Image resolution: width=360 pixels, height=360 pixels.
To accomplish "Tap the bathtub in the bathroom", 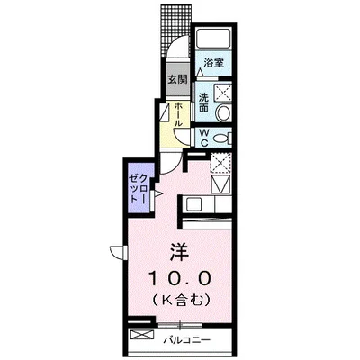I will (214, 40).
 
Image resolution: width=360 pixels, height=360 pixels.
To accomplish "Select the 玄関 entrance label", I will (176, 79).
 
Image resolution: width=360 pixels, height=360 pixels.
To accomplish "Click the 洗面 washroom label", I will (204, 102).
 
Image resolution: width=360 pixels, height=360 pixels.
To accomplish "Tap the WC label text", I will (204, 138).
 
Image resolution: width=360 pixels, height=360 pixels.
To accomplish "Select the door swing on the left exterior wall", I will (117, 252).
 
